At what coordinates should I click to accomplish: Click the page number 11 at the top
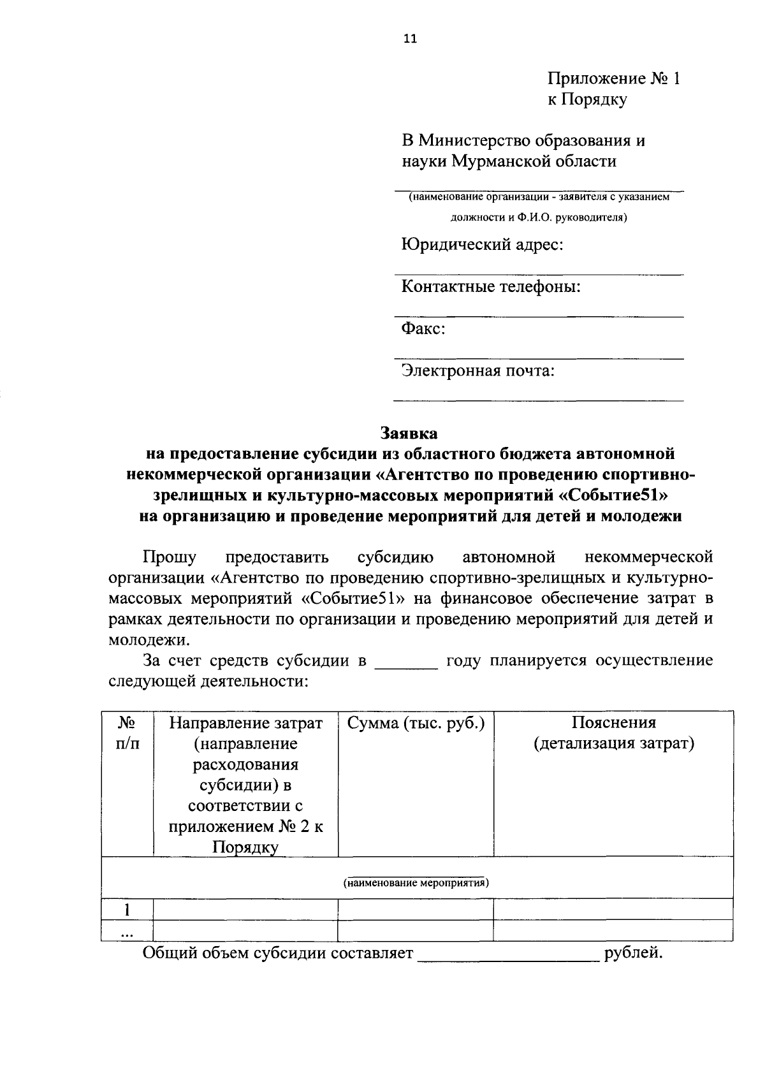point(409,39)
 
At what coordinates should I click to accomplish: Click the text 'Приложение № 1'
point(614,79)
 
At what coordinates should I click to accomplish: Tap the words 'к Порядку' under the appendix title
point(587,100)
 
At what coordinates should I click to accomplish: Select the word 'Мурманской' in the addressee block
point(505,161)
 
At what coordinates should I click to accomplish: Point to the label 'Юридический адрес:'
point(481,245)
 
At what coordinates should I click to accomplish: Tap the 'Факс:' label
point(423,329)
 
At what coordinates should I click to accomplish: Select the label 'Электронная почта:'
point(477,371)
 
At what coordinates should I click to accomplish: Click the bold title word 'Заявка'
point(409,434)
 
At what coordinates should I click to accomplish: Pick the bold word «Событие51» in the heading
point(618,495)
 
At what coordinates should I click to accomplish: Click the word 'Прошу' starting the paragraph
point(170,558)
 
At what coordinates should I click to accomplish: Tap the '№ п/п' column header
point(127,733)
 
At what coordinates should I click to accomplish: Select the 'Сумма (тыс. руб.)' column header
point(416,724)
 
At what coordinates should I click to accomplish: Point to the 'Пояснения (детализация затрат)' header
point(613,733)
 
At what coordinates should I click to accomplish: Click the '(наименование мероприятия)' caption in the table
point(416,884)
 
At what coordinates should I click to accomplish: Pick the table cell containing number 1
point(127,909)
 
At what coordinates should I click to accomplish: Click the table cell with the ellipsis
point(127,931)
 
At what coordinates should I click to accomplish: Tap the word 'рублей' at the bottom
point(631,954)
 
